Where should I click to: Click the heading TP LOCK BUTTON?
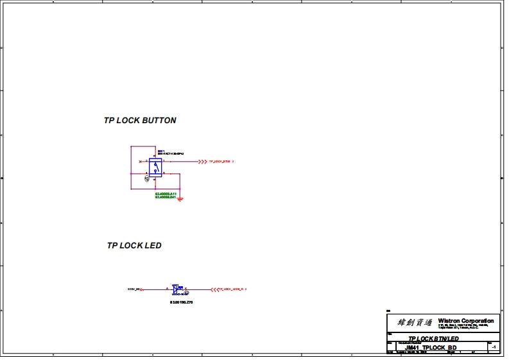point(140,121)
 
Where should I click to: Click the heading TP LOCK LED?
point(134,246)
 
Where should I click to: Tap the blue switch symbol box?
point(155,167)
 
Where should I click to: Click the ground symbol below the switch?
point(180,200)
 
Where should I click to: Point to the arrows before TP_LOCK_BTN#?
point(202,162)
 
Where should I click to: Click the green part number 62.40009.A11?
point(166,193)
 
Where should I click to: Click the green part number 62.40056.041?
point(166,197)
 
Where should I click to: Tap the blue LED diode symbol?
point(176,289)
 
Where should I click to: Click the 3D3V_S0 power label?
point(134,289)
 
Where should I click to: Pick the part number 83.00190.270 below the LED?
point(181,301)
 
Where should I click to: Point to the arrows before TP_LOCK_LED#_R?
point(214,289)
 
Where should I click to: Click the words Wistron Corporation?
point(466,321)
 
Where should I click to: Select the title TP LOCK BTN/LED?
point(434,339)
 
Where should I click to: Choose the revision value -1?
point(493,347)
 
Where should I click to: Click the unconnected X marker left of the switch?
point(140,162)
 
